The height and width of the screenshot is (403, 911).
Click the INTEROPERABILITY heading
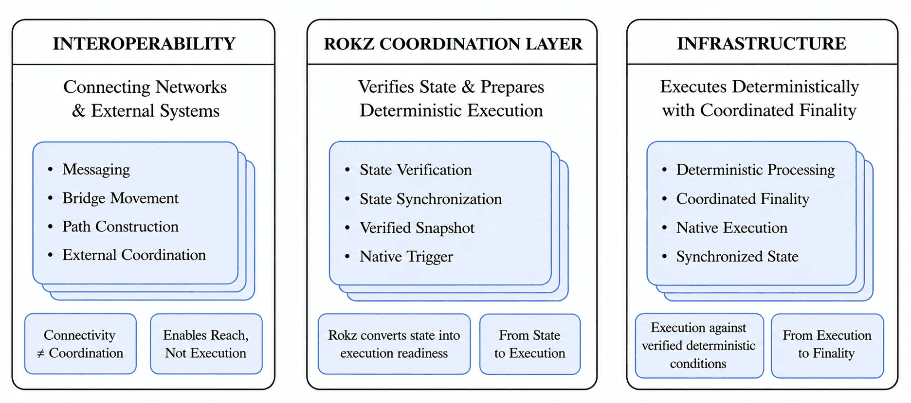point(144,44)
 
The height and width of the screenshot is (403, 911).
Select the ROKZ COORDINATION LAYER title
point(453,44)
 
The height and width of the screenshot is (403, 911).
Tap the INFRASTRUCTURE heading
point(762,44)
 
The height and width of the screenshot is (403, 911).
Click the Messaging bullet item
point(96,169)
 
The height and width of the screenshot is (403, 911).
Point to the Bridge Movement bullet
point(120,198)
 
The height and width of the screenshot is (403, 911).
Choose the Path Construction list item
point(120,226)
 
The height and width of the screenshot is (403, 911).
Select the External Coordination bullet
point(134,255)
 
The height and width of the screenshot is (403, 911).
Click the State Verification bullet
point(416,170)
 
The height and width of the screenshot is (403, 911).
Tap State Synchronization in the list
point(431,199)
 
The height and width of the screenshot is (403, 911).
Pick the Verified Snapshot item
point(417,228)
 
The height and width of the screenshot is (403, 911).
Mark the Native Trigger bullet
point(406,256)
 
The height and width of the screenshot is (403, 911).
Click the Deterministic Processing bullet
point(755,170)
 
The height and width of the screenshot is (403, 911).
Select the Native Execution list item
point(731,228)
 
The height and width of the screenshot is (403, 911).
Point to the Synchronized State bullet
point(737,256)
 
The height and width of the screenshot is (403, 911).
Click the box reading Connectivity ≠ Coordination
point(80,344)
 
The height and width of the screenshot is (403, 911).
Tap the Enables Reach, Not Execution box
point(206,344)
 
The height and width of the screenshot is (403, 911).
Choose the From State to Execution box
point(530,344)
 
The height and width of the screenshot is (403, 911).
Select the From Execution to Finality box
point(827,346)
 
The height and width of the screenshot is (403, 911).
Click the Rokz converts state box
point(394,344)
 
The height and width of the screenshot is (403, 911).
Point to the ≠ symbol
point(41,353)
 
